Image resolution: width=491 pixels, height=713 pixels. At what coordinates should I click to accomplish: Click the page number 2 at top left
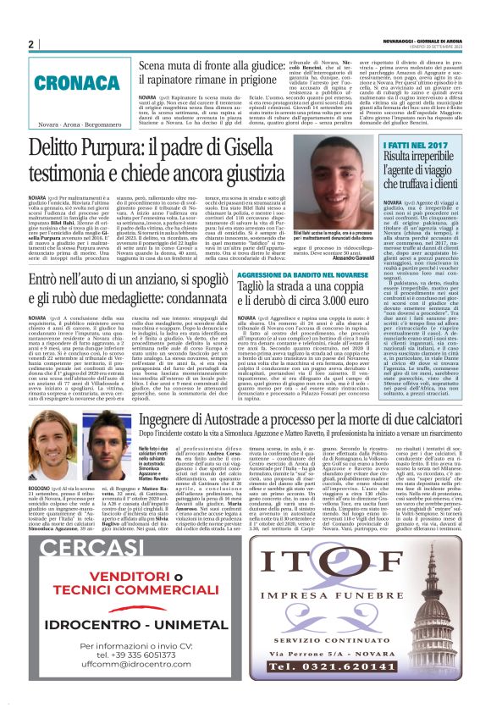point(30,45)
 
